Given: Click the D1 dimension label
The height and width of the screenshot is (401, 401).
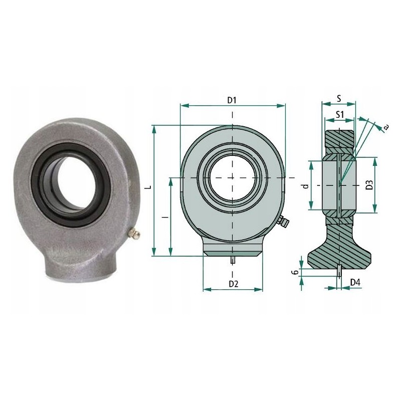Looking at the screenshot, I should tap(232, 100).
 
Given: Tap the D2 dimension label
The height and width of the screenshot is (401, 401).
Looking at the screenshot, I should tap(233, 284).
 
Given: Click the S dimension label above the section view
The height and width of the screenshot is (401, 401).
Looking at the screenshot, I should tap(339, 99).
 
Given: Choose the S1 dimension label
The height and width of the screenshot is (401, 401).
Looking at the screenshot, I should tap(339, 114).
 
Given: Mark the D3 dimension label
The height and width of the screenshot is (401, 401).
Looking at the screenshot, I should tap(369, 184).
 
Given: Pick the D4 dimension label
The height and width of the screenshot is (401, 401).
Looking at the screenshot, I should tap(355, 283).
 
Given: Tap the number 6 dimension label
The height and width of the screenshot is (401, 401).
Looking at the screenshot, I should tap(296, 272).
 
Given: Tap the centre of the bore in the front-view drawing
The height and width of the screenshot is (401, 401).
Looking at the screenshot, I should tap(232, 177).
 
